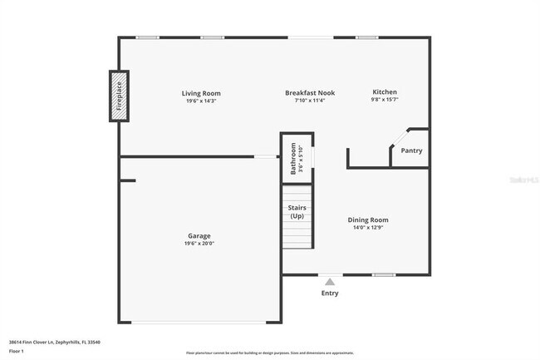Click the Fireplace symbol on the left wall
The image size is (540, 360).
tap(119, 96)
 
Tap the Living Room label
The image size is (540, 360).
tap(201, 93)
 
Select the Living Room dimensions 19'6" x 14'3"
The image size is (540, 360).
tap(201, 101)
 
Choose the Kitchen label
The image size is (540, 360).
tap(385, 91)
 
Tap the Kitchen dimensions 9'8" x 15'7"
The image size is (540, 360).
tap(385, 100)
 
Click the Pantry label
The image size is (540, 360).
tap(411, 150)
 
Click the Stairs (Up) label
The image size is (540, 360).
tap(297, 212)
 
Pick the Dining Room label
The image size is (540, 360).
tap(367, 220)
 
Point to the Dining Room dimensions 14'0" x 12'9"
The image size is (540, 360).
tap(367, 229)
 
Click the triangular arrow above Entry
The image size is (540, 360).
tap(330, 282)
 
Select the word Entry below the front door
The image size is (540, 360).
tap(330, 293)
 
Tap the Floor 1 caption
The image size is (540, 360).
tap(17, 352)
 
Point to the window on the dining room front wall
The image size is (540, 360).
tap(383, 274)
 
